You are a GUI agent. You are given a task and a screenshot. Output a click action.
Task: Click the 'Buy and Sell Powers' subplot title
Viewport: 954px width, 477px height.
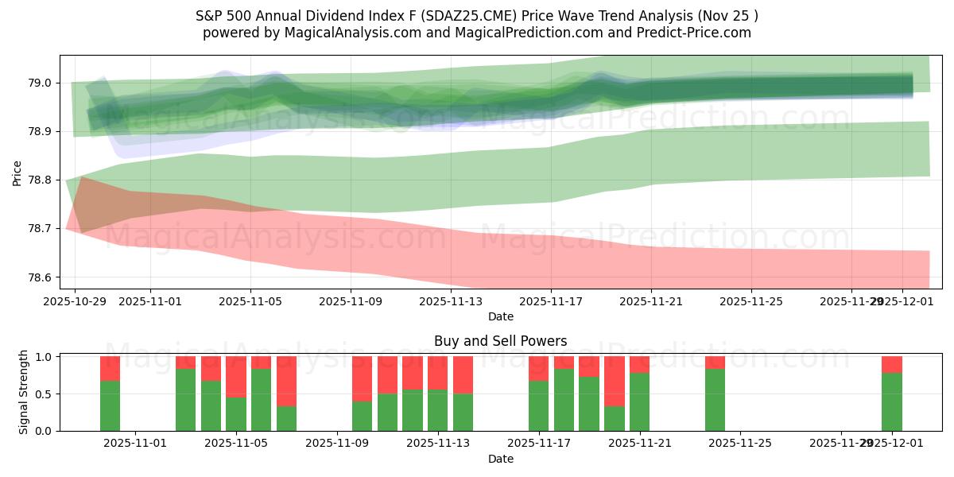(500, 341)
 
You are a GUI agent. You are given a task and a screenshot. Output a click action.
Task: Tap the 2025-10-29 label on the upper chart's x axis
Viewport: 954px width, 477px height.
(75, 302)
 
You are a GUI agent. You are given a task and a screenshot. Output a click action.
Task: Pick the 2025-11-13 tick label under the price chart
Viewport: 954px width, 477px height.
(451, 302)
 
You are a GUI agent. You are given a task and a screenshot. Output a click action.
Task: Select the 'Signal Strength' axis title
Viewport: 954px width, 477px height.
(24, 393)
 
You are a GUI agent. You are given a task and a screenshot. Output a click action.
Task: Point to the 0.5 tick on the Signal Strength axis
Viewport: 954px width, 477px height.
(45, 394)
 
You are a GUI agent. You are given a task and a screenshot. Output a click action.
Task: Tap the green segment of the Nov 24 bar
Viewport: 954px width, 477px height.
(715, 400)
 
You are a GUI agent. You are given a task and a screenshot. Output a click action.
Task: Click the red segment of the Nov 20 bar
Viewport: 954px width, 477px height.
(614, 381)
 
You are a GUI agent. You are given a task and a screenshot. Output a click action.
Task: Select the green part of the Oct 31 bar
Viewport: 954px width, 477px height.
(110, 405)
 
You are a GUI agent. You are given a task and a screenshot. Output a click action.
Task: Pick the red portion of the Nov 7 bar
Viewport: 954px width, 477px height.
(286, 381)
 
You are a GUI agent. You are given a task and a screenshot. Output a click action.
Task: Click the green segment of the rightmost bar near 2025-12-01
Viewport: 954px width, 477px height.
(891, 401)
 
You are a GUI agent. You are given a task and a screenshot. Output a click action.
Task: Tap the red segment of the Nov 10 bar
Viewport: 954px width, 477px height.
(362, 378)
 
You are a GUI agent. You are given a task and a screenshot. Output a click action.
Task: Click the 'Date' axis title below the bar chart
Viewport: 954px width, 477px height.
(500, 459)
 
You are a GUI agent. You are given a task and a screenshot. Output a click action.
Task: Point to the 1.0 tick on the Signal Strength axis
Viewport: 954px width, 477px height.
(45, 357)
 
